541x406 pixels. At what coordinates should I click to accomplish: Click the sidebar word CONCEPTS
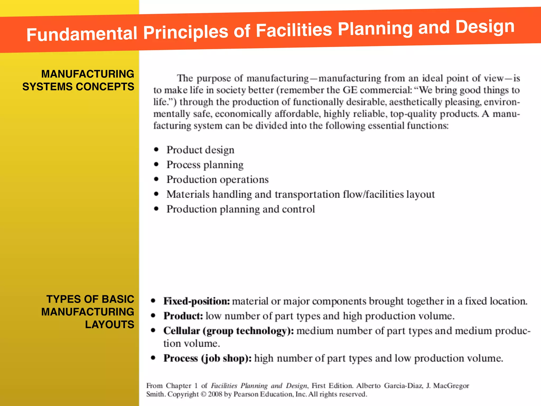pos(105,87)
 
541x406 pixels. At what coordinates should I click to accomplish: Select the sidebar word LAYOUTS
pos(109,325)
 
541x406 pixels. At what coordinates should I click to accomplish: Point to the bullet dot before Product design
pos(156,150)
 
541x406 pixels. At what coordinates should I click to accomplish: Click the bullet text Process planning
pos(205,165)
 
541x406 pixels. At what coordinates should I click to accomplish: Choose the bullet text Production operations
pos(217,179)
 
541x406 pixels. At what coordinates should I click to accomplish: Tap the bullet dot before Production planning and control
pos(156,209)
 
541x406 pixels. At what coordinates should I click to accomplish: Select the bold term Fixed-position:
pos(197,301)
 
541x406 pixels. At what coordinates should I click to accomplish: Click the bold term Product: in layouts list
pos(183,316)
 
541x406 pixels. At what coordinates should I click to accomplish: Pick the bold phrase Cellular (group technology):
pos(228,331)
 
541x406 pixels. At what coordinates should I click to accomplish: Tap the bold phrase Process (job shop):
pos(207,358)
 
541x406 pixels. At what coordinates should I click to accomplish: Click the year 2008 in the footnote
pos(215,394)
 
